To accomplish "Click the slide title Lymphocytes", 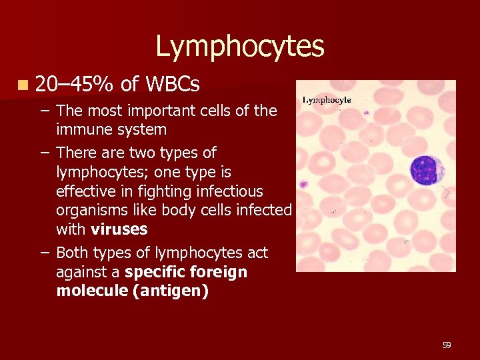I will click(240, 47).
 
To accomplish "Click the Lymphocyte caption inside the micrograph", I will click(327, 100).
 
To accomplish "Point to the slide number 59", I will click(447, 345).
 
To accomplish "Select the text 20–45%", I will click(74, 84).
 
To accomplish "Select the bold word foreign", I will click(217, 272).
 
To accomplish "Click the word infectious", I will click(228, 191).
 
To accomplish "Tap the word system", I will click(141, 129).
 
